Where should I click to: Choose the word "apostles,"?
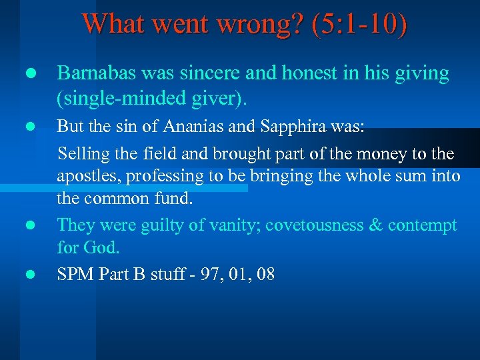pyautogui.click(x=88, y=177)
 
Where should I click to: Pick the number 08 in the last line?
pyautogui.click(x=265, y=273)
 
